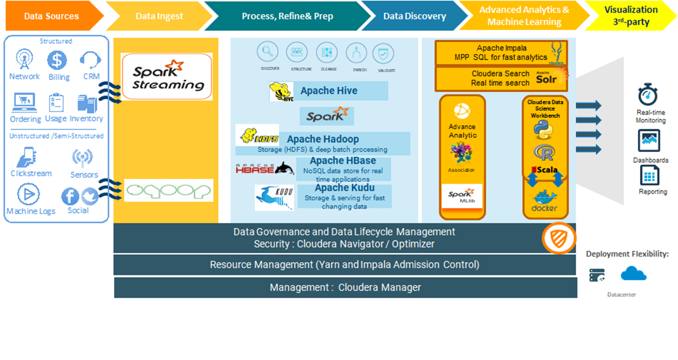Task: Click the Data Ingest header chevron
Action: (159, 16)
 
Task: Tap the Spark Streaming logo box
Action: (167, 76)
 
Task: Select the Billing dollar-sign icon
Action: (57, 60)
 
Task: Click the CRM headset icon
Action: (90, 60)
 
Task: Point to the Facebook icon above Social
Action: (70, 196)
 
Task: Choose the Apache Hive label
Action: (329, 91)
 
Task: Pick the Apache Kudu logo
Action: (274, 197)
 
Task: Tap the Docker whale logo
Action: (544, 201)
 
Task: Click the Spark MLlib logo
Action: (462, 196)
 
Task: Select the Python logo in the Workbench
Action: (543, 130)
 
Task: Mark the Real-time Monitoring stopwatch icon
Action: (647, 95)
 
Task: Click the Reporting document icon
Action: (649, 176)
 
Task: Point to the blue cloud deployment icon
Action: (633, 274)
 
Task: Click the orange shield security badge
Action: (559, 238)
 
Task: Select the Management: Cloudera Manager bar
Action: (345, 287)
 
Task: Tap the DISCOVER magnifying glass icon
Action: (268, 52)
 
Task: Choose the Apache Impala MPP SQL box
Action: (501, 53)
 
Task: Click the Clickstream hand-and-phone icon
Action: (26, 157)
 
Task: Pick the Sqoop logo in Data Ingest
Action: (168, 191)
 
